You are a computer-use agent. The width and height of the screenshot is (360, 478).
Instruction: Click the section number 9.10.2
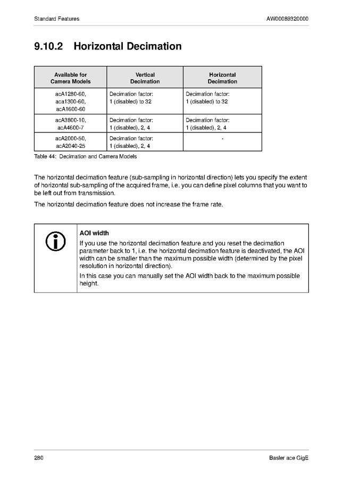point(48,46)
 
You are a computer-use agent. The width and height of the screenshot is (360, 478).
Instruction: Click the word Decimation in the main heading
point(154,46)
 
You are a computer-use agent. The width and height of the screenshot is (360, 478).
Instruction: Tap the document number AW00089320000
point(287,19)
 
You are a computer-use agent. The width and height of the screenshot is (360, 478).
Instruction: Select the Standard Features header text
point(57,19)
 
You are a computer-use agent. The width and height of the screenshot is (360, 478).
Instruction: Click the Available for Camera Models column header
point(70,78)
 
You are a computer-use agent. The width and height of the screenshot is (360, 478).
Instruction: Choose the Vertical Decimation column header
point(145,78)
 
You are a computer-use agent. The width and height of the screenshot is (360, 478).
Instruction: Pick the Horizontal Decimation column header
point(222,78)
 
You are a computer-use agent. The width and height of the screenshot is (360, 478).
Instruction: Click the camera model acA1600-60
point(70,109)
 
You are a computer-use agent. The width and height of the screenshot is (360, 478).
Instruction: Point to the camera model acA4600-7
point(70,128)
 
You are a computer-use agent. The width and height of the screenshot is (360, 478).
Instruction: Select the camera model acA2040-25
point(70,146)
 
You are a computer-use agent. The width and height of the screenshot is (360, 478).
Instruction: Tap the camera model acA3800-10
point(70,120)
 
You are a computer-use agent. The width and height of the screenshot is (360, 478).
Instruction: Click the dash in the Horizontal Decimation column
point(222,139)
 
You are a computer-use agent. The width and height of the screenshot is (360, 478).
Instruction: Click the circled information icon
point(55,242)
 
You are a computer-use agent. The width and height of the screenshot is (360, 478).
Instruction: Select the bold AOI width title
point(94,233)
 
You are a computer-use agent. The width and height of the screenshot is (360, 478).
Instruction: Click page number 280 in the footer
point(39,458)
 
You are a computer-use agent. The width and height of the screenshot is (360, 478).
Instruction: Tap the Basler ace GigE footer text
point(288,458)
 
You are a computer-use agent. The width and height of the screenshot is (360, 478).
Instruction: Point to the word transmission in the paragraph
point(95,193)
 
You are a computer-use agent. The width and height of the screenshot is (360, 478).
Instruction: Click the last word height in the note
point(89,283)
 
